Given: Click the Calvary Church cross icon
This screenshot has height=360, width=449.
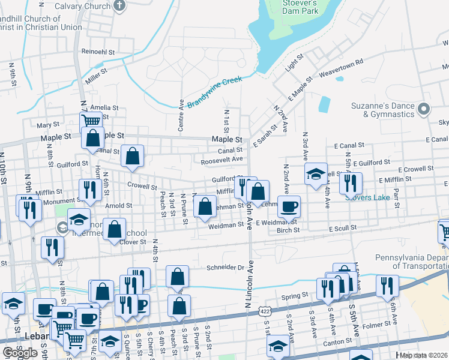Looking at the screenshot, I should click(119, 6).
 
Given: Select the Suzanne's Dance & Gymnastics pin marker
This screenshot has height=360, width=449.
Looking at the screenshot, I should click(424, 109).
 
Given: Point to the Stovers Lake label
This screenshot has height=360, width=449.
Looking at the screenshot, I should click(367, 196).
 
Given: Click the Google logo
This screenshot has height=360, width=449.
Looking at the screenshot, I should click(20, 352).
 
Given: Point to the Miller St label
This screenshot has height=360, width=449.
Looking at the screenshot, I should click(96, 74).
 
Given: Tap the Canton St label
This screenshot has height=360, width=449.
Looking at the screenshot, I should click(338, 341).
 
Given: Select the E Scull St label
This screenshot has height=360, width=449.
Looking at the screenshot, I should click(342, 229).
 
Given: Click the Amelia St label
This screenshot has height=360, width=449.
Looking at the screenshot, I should click(104, 108).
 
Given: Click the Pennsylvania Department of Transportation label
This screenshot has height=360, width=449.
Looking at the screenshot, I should click(412, 262).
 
